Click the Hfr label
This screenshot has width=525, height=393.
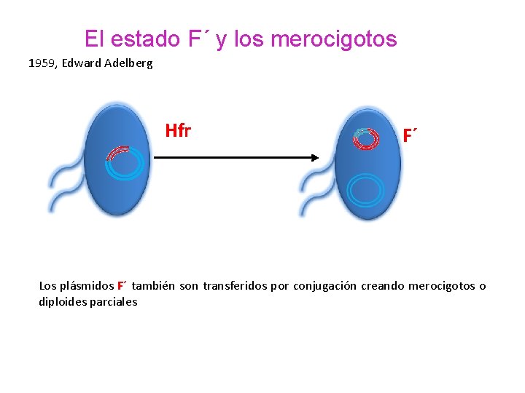point(178,131)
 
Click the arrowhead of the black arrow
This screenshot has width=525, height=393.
point(316,157)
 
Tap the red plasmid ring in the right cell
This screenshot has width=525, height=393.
point(367,138)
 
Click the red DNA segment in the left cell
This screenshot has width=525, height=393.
point(116,153)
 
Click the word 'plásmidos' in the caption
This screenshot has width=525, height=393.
point(87,286)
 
